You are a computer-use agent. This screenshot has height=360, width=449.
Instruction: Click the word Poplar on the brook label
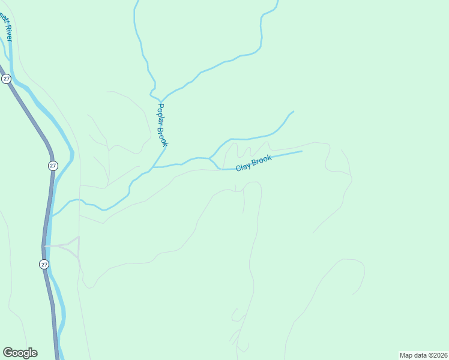point(160,114)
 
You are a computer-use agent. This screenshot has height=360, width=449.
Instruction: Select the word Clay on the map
point(243,167)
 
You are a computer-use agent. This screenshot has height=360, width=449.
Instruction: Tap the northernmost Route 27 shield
point(6,79)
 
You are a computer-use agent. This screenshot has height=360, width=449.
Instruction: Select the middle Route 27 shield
point(53,166)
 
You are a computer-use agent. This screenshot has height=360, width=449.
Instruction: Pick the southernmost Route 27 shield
point(44,264)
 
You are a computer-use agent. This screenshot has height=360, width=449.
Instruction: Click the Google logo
point(20,353)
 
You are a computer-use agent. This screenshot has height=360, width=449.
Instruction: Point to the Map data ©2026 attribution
point(423,355)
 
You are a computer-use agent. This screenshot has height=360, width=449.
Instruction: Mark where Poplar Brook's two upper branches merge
point(161,100)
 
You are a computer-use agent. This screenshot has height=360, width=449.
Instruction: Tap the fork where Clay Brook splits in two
point(209,158)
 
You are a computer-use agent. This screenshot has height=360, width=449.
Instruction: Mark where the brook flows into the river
point(52,215)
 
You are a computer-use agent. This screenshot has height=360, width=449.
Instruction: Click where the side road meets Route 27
point(45,246)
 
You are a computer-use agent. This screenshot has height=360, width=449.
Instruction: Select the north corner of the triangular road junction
point(79,237)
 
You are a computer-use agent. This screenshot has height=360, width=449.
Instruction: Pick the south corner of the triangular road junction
point(79,258)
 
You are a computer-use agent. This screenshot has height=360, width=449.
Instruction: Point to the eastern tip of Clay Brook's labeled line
point(301,151)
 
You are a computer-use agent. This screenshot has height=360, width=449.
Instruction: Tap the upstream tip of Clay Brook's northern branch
point(293,112)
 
